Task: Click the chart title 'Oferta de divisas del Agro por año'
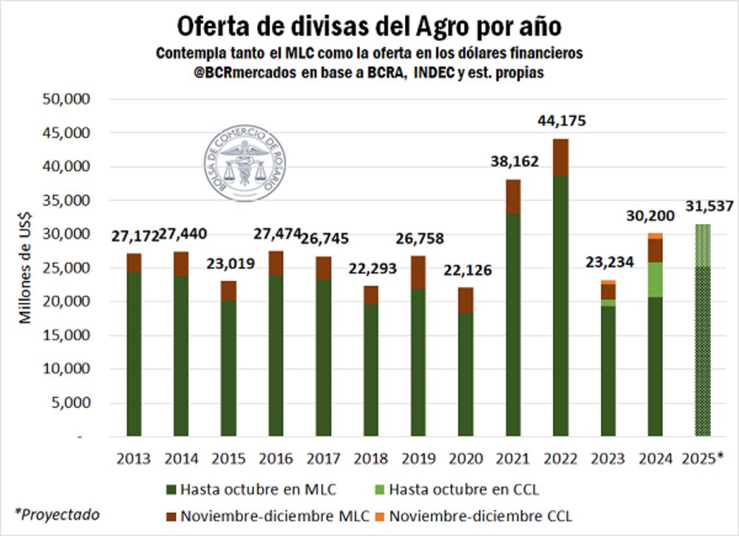[x=369, y=26]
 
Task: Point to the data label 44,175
[x=561, y=121]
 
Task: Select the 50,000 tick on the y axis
[x=69, y=99]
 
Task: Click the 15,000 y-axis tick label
[x=69, y=335]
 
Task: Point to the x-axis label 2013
[x=133, y=458]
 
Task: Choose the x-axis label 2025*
[x=703, y=458]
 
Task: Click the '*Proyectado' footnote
[x=58, y=514]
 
